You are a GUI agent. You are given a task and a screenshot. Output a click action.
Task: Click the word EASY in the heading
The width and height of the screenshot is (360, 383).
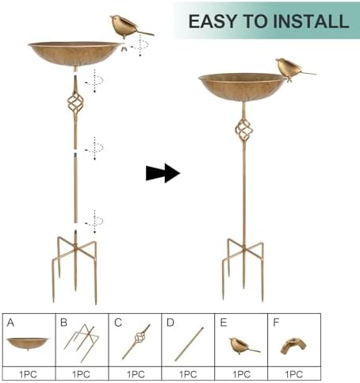[213, 21]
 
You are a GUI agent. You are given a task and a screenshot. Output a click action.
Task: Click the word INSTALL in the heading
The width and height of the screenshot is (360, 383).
[310, 21]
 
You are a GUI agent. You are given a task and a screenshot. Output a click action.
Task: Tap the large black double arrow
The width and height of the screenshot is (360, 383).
[163, 173]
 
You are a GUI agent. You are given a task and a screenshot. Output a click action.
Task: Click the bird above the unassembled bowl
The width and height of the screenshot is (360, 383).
[131, 26]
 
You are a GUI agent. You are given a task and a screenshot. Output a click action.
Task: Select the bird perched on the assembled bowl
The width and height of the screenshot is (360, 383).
[294, 69]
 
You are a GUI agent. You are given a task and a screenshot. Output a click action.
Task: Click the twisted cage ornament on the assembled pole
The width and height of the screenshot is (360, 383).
[243, 130]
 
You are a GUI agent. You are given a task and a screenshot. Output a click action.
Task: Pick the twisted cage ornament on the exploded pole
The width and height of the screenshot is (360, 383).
[75, 103]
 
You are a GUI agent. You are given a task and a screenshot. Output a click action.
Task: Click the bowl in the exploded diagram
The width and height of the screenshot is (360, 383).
[75, 55]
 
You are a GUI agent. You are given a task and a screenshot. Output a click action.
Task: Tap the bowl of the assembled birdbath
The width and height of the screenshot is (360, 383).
[242, 86]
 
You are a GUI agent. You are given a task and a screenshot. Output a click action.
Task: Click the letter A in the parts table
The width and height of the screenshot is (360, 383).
[10, 323]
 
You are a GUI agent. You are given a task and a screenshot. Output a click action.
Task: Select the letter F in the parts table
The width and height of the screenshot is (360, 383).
[276, 323]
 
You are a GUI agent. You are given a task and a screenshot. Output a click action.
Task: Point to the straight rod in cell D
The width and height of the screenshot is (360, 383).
[189, 344]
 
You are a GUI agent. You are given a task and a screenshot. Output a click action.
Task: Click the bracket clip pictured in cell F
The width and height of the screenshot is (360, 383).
[293, 347]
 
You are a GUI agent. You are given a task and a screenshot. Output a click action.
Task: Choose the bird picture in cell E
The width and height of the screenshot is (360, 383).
[243, 346]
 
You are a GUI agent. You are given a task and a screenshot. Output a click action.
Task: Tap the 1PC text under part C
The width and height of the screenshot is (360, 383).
[136, 374]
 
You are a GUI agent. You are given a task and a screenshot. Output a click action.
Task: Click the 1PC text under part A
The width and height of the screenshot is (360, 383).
[28, 374]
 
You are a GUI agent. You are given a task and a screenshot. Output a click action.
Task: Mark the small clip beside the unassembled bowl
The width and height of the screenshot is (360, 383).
[124, 48]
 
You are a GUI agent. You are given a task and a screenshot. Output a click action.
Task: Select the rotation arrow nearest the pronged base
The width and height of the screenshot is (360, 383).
[94, 222]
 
